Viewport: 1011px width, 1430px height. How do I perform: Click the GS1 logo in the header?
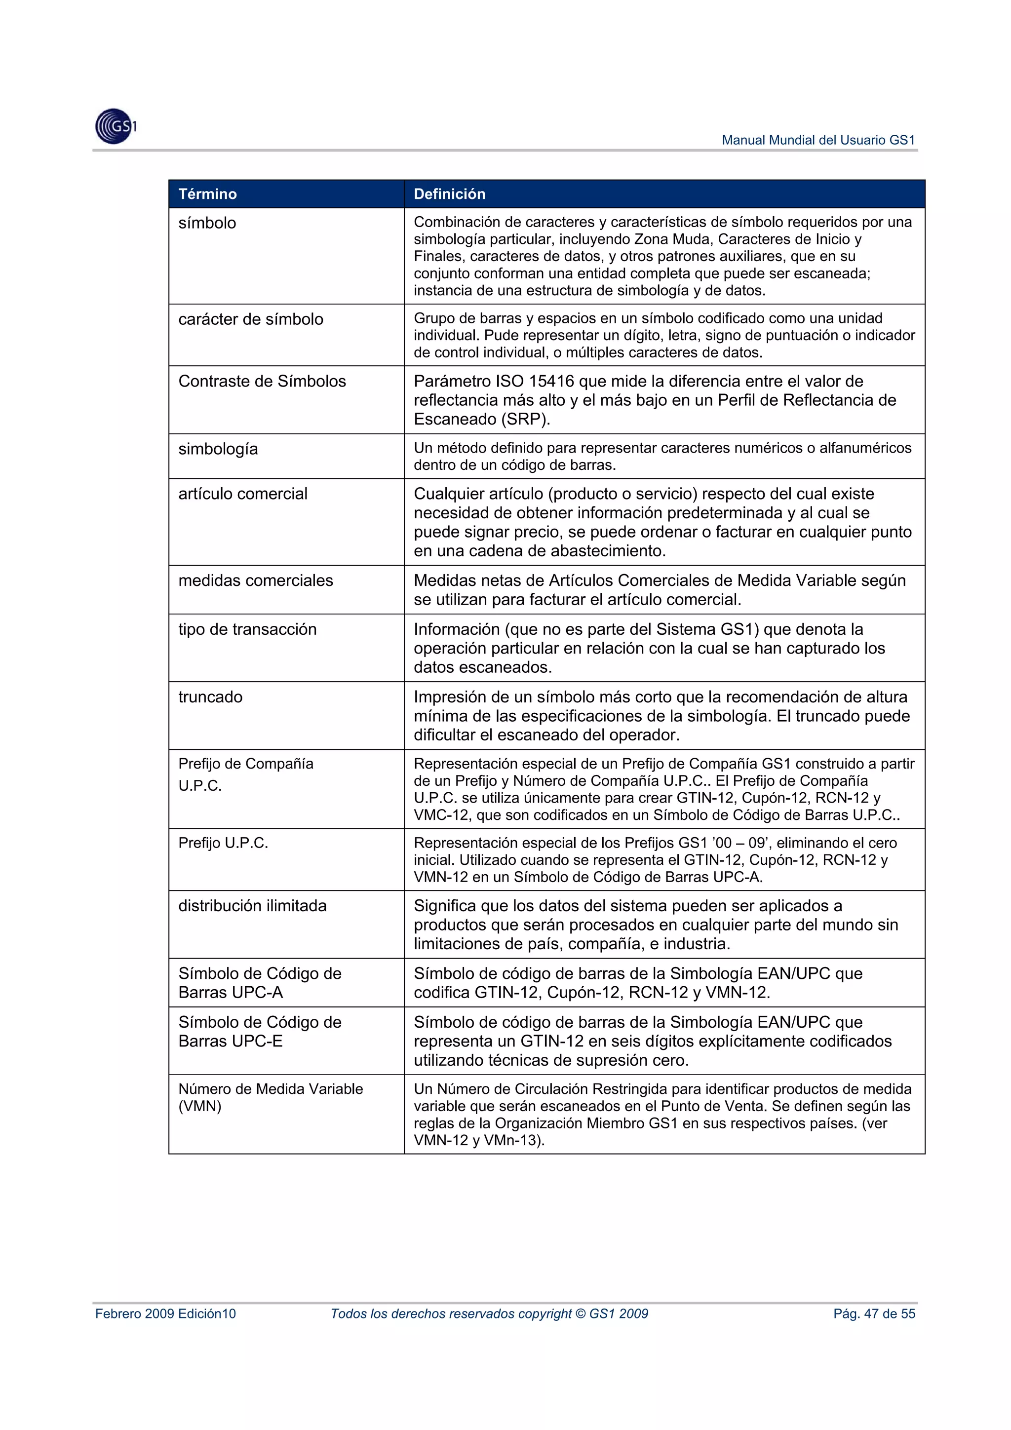tap(115, 126)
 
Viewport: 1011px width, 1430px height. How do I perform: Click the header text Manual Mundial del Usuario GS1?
tap(818, 140)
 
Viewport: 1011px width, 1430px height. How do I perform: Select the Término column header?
tap(207, 193)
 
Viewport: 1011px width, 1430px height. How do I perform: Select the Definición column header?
tap(449, 193)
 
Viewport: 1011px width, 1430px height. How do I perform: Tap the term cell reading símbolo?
tap(207, 223)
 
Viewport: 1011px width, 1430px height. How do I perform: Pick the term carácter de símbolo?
tap(250, 319)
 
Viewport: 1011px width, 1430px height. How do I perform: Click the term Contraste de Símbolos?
tap(262, 381)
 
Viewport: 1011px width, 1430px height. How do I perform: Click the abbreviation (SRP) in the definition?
tap(525, 419)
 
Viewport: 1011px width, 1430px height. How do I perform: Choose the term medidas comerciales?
tap(255, 580)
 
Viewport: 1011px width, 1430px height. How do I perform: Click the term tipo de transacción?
tap(247, 629)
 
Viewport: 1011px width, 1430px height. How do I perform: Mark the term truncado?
tap(210, 697)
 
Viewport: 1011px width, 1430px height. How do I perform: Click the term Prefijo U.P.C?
tap(223, 843)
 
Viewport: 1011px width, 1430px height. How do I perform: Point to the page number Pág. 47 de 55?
tap(874, 1314)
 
